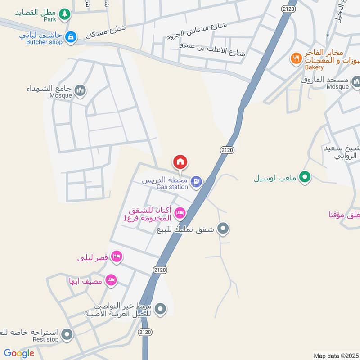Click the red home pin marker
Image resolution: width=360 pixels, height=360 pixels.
[180, 162]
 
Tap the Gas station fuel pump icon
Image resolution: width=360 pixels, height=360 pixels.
[196, 182]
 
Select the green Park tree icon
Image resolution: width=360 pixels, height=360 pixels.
[66, 14]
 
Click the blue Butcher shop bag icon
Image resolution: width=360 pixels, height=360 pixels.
[70, 37]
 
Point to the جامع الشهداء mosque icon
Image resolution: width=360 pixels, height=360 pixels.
[81, 91]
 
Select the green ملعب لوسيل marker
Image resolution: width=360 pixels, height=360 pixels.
[305, 177]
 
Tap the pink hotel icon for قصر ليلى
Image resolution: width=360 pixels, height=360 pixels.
[117, 256]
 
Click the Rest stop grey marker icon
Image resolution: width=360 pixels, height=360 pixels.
[67, 334]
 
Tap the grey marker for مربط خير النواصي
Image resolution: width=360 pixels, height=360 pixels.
[160, 309]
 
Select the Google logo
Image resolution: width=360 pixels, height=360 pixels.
[19, 353]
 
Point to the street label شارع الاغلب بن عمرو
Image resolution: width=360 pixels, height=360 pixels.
[212, 49]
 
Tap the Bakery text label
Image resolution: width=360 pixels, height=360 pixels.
[314, 67]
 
